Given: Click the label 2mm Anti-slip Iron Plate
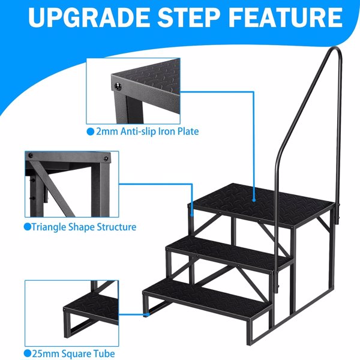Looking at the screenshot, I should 147,131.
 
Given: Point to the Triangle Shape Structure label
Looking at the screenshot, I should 83,227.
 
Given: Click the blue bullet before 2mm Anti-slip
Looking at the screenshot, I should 91,131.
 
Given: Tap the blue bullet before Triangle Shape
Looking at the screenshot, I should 28,227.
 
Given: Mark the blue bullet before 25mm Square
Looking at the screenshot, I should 28,354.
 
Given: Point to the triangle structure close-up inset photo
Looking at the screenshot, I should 71,184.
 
